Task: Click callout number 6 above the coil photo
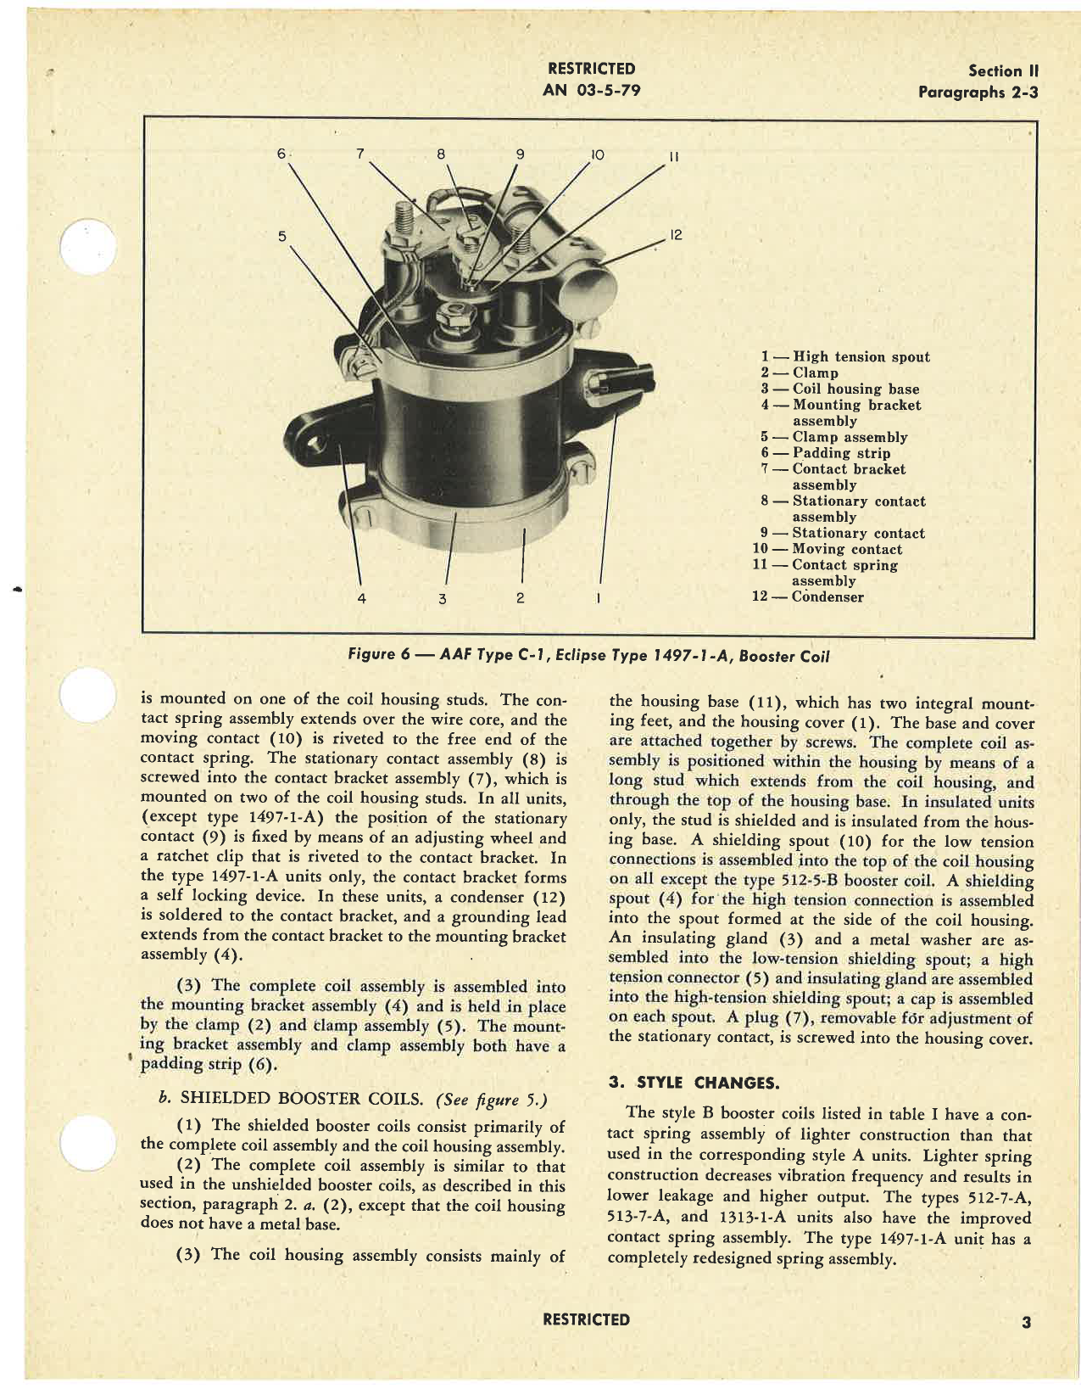[x=281, y=154]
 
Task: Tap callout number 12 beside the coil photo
[x=676, y=235]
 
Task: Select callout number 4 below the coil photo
[x=361, y=598]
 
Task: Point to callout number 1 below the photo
[x=599, y=598]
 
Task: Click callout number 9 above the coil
[x=521, y=154]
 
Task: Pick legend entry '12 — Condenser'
[x=808, y=596]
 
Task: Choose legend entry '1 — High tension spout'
[x=845, y=357]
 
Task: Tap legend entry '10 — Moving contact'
[x=827, y=549]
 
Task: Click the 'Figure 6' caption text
[x=588, y=655]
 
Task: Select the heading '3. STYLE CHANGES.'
[x=694, y=1083]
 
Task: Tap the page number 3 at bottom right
[x=1026, y=1322]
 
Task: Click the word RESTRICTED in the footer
[x=587, y=1319]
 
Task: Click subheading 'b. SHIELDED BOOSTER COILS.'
[x=291, y=1099]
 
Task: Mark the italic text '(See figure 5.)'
[x=492, y=1100]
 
